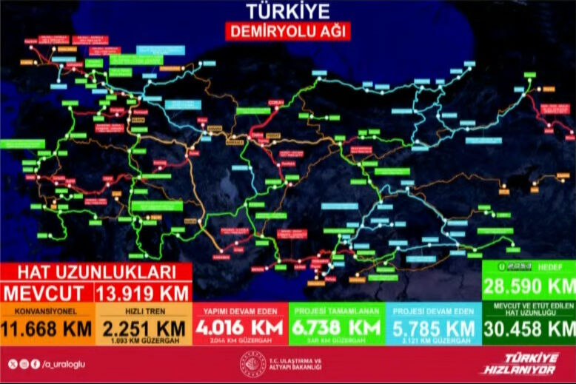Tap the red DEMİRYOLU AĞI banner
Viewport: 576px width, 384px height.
pyautogui.click(x=287, y=31)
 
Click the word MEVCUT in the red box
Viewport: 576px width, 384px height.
pyautogui.click(x=47, y=292)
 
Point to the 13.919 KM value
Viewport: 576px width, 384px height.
pyautogui.click(x=144, y=292)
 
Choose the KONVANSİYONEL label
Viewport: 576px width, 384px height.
pyautogui.click(x=47, y=312)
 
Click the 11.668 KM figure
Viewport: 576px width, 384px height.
pyautogui.click(x=47, y=328)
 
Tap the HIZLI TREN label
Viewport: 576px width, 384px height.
pyautogui.click(x=144, y=312)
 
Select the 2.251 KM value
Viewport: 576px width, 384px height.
pyautogui.click(x=144, y=327)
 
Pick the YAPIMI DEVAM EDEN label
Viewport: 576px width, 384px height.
pyautogui.click(x=240, y=312)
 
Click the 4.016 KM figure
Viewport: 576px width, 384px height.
pyautogui.click(x=240, y=327)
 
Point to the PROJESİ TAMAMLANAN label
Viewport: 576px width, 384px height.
pyautogui.click(x=336, y=312)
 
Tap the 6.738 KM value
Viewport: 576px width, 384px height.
pyautogui.click(x=336, y=327)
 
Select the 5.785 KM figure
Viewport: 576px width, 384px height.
pyautogui.click(x=432, y=327)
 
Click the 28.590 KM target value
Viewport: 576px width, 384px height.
pyautogui.click(x=529, y=286)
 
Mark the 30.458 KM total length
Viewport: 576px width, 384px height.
pyautogui.click(x=529, y=328)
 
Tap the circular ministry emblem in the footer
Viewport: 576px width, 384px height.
pyautogui.click(x=248, y=363)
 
